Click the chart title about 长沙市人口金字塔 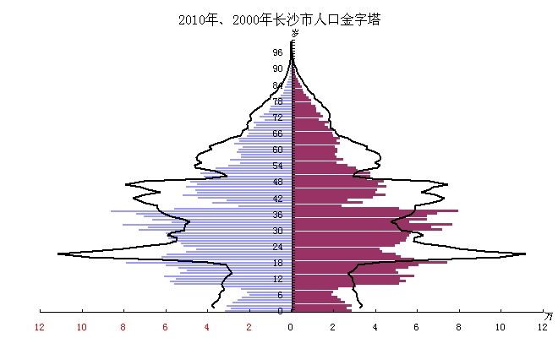(279, 19)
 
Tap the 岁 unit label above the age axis (295, 33)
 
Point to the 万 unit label (549, 315)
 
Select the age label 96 (277, 52)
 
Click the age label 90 (277, 68)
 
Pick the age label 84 (277, 85)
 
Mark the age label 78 (277, 101)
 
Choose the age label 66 (277, 134)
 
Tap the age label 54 (277, 166)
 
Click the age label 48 (277, 183)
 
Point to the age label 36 (277, 215)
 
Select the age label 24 (277, 247)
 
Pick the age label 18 (277, 263)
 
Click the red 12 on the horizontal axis (40, 327)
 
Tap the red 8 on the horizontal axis (123, 327)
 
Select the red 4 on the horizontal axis (207, 327)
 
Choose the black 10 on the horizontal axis (501, 327)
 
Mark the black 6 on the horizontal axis (417, 327)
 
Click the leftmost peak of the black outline (58, 254)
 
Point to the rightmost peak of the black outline (525, 254)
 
